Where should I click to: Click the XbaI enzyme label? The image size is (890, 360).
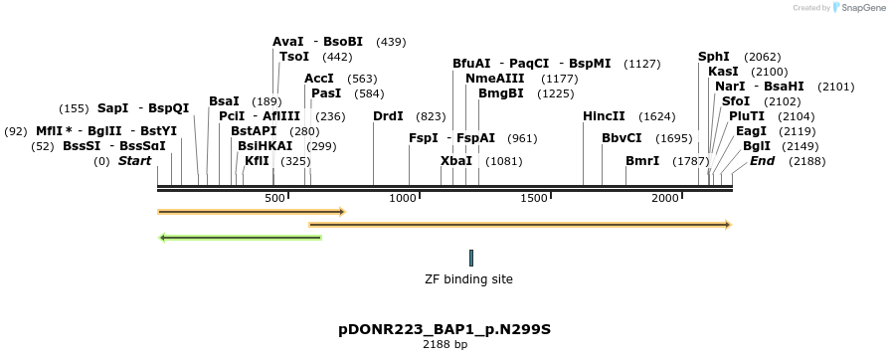pyautogui.click(x=455, y=161)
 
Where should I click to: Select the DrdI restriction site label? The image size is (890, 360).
pyautogui.click(x=388, y=116)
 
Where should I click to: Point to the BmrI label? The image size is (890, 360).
pyautogui.click(x=641, y=161)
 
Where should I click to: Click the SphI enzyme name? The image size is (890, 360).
pyautogui.click(x=713, y=57)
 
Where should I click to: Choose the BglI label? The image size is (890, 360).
pyautogui.click(x=756, y=146)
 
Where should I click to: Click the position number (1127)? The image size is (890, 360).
pyautogui.click(x=641, y=64)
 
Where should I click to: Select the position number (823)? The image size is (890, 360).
pyautogui.click(x=431, y=116)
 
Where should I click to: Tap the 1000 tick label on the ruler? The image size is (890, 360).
pyautogui.click(x=403, y=199)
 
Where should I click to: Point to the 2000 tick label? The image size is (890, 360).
pyautogui.click(x=665, y=199)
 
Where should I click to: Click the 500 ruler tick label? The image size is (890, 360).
pyautogui.click(x=275, y=199)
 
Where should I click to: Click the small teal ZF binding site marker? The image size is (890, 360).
pyautogui.click(x=471, y=258)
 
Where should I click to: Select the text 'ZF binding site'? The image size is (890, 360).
pyautogui.click(x=468, y=279)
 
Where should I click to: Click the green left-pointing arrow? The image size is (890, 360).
pyautogui.click(x=240, y=238)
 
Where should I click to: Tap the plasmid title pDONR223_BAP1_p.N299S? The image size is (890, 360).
pyautogui.click(x=445, y=328)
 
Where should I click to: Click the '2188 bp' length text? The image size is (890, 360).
pyautogui.click(x=445, y=345)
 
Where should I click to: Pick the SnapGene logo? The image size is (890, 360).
pyautogui.click(x=856, y=7)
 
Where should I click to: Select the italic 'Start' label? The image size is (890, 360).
pyautogui.click(x=135, y=161)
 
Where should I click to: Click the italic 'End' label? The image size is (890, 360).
pyautogui.click(x=762, y=161)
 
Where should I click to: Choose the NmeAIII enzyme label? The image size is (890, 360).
pyautogui.click(x=494, y=79)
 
